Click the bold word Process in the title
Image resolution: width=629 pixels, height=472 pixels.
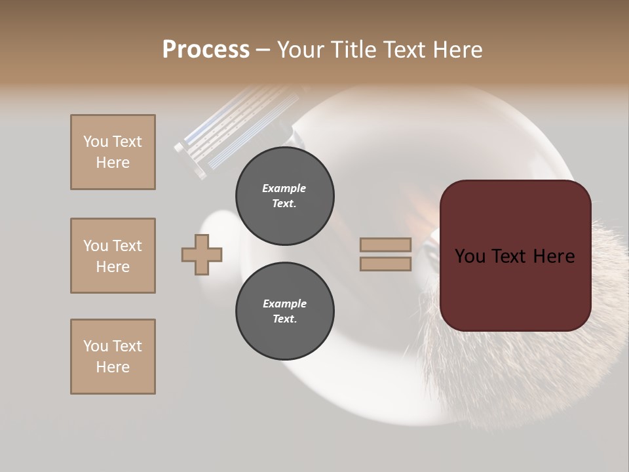(206, 50)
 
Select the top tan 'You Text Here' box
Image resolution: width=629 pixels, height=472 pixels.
(113, 152)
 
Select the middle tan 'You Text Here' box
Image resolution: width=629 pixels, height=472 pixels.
(113, 256)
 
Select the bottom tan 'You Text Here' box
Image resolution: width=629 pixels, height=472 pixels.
(113, 357)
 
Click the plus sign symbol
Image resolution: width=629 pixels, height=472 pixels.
(202, 254)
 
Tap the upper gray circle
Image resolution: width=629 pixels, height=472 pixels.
(284, 196)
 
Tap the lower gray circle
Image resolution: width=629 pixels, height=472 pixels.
(284, 311)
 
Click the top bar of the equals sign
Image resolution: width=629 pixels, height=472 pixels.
(385, 245)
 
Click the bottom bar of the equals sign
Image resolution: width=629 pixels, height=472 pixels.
(385, 264)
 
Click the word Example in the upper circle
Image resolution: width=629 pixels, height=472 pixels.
(284, 188)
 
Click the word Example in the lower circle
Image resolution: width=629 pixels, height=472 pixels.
(284, 304)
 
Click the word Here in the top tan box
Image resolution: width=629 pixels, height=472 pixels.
(113, 163)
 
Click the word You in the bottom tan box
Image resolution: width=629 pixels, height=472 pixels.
(96, 346)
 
